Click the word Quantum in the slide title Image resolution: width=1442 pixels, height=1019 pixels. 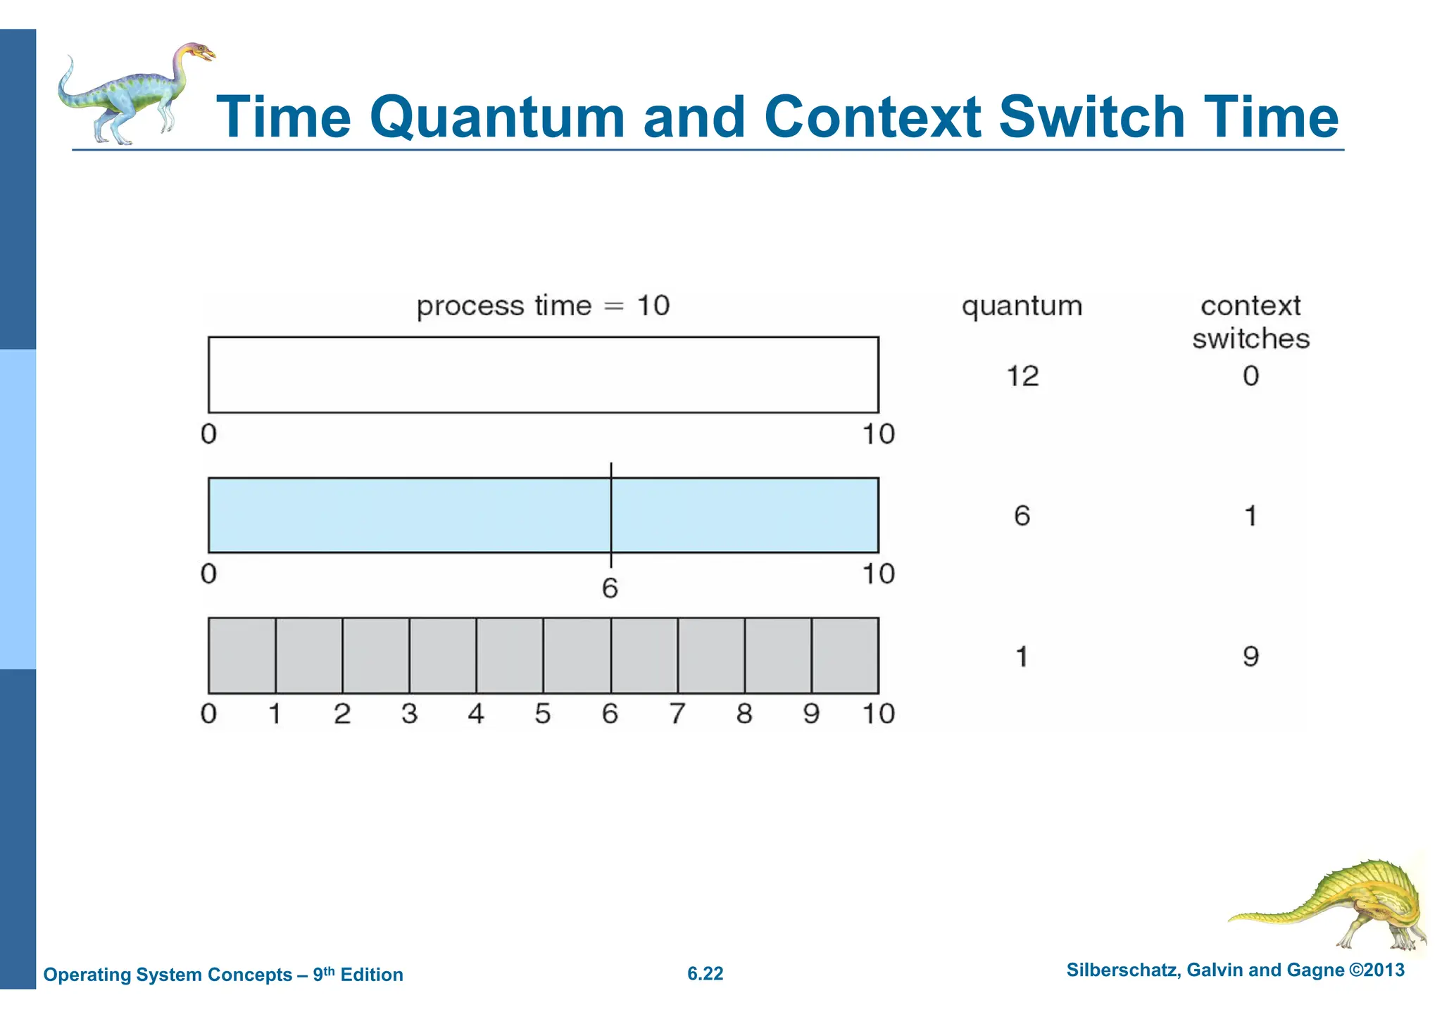(497, 118)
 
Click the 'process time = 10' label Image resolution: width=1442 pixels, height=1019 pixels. (543, 306)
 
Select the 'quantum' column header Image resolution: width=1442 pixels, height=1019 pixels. (1022, 307)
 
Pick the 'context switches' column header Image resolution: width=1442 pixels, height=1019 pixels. (1250, 322)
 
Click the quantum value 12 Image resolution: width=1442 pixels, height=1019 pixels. (1022, 376)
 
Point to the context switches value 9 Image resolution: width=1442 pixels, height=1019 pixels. (1250, 657)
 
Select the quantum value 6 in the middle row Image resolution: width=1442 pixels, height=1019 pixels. (1022, 516)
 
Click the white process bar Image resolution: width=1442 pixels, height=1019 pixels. (543, 374)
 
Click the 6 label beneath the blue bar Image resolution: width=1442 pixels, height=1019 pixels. (610, 588)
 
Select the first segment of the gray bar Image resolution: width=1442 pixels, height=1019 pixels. (242, 655)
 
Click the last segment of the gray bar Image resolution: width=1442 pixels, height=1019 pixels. (845, 655)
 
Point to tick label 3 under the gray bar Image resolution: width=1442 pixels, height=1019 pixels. (409, 714)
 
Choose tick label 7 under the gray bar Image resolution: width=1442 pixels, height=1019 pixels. (677, 714)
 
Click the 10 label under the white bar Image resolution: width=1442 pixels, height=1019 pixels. (878, 433)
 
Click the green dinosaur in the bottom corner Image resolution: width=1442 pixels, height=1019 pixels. (1338, 908)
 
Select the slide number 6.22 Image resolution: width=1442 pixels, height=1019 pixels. (705, 974)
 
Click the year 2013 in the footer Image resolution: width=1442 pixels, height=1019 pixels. (1384, 970)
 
